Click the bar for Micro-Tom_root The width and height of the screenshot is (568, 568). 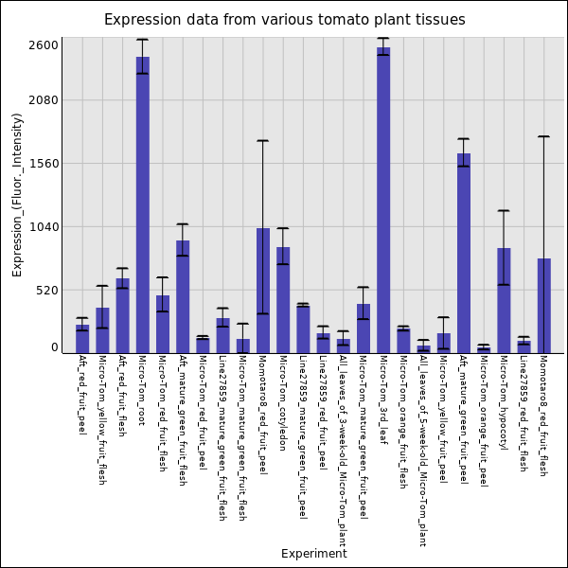pos(142,204)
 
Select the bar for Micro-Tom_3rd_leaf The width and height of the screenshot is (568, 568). pos(383,200)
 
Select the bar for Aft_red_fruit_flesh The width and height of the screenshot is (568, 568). pos(122,315)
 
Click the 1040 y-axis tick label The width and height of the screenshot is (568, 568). pos(44,227)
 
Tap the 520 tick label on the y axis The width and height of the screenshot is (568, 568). pos(46,291)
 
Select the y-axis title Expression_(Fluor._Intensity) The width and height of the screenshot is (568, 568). pos(18,194)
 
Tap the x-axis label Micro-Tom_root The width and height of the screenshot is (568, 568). pos(142,390)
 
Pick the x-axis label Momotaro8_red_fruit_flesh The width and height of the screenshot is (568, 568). pos(543,416)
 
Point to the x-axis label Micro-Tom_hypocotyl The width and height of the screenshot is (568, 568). pos(504,402)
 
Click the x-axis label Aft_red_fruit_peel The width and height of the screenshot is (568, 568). pos(82,395)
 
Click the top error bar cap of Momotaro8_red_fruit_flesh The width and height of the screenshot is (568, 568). pos(543,136)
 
